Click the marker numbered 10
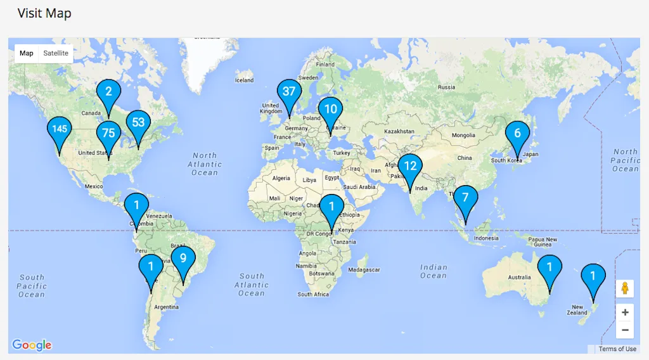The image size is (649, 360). [330, 110]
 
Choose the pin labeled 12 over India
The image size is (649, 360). [410, 167]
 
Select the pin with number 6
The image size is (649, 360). [517, 134]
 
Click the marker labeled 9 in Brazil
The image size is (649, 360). [183, 259]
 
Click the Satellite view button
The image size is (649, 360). [56, 53]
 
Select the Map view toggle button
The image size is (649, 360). [27, 53]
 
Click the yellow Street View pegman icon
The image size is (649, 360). [625, 288]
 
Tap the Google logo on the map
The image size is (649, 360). [32, 345]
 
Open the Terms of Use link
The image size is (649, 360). [617, 349]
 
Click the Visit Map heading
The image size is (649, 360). [44, 13]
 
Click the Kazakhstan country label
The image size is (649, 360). [399, 131]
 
